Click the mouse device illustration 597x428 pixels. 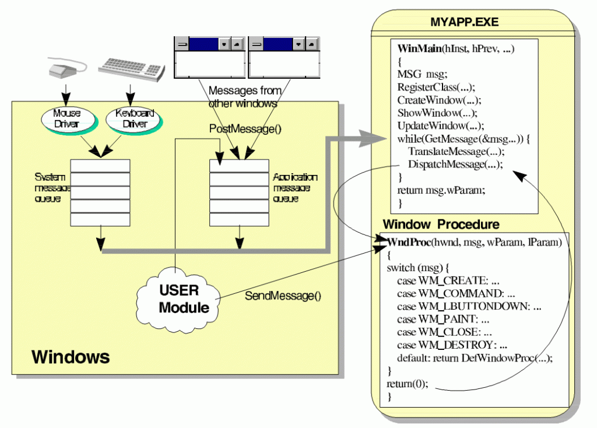pos(65,69)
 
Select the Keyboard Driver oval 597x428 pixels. pos(133,118)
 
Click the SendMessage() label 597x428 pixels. pos(282,296)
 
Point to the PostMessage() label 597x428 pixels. pos(245,129)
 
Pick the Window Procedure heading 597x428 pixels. pos(441,224)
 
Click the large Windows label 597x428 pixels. pos(70,356)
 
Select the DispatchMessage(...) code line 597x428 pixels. pos(455,164)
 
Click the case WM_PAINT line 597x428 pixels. pos(443,319)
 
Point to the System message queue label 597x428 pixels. pos(52,188)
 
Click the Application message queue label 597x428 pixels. pos(295,188)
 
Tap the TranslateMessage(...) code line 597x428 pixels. pos(455,151)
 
